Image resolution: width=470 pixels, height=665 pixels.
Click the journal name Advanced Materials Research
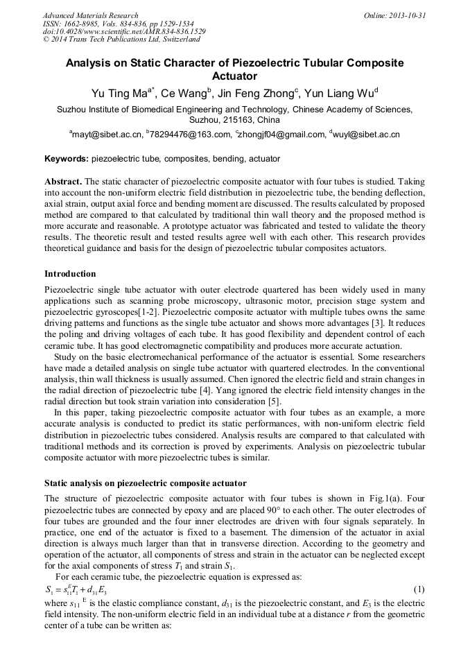(90, 15)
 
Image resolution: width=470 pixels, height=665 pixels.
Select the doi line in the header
(124, 32)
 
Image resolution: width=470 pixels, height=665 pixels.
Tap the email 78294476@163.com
(189, 135)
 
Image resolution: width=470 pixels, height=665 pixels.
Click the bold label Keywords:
(66, 159)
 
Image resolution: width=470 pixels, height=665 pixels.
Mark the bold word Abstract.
(63, 180)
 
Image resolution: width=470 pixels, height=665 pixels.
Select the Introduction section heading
(70, 274)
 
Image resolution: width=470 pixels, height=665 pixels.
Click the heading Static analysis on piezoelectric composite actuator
(145, 483)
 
